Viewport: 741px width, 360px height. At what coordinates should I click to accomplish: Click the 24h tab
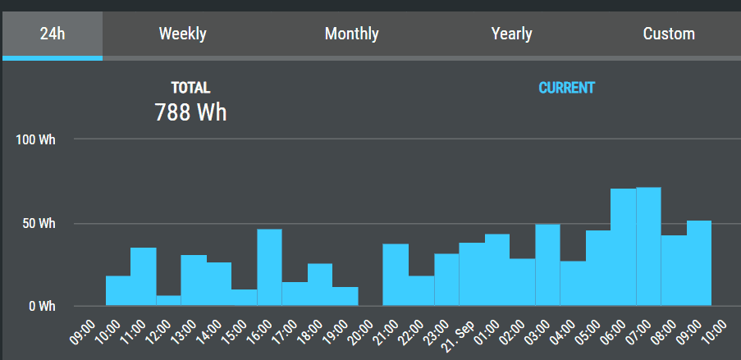(53, 34)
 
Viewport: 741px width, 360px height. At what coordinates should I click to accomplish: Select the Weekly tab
(182, 34)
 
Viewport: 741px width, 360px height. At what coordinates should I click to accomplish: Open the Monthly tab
(351, 34)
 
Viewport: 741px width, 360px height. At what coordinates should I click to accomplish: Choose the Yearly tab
(511, 34)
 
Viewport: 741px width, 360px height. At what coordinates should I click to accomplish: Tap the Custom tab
(669, 34)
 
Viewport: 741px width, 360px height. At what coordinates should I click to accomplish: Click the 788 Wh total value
(190, 112)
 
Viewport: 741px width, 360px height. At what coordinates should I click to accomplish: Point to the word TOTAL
(190, 88)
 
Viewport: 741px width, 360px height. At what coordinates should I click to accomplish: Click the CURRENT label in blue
(566, 88)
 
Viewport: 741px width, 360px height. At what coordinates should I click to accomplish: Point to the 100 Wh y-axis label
(36, 140)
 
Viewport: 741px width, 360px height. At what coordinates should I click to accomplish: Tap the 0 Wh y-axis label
(42, 307)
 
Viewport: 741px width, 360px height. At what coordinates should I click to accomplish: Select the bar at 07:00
(648, 247)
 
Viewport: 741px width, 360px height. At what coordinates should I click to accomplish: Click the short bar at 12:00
(168, 301)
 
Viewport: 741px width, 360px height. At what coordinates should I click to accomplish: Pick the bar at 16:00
(269, 267)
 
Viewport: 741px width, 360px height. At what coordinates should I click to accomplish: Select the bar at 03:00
(547, 265)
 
